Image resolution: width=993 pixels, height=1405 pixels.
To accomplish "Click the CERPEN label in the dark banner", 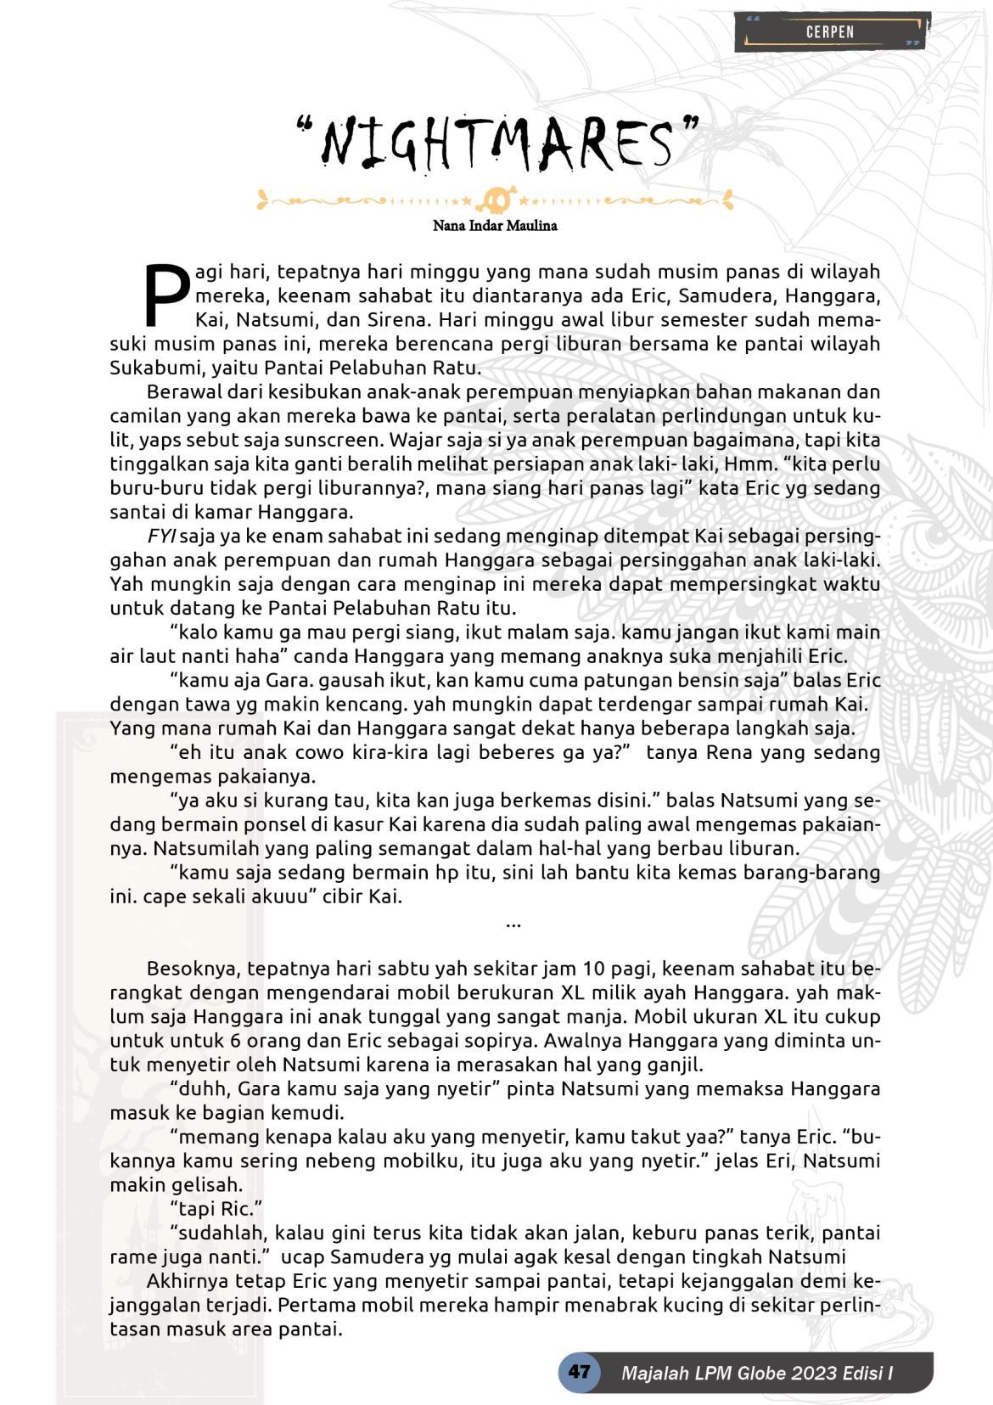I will coord(829,32).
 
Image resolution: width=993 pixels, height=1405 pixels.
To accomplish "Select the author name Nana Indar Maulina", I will coord(495,226).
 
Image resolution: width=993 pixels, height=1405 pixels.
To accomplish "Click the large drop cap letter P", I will coord(167,294).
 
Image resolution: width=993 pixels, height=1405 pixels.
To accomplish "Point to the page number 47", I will coord(579,1372).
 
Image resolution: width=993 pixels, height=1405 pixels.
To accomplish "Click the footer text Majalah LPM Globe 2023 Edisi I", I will coord(757,1373).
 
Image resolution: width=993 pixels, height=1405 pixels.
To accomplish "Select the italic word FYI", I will coord(161,537).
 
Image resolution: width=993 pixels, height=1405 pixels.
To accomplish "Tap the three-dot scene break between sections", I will coord(513,923).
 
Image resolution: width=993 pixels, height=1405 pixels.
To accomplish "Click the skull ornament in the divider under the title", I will coord(496,201).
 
